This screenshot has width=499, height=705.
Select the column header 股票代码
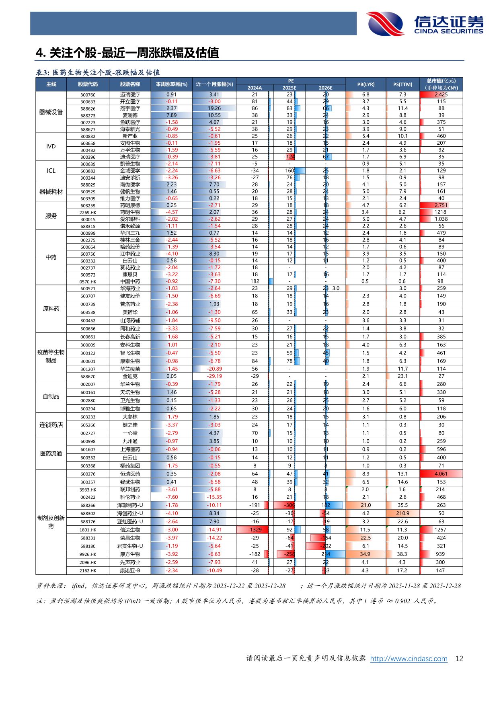[x=88, y=84]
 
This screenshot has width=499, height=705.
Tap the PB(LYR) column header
[x=366, y=84]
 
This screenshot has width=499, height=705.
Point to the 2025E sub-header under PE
[x=289, y=88]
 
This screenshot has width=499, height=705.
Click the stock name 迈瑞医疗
[x=130, y=95]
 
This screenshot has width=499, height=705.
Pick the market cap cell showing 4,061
[x=441, y=474]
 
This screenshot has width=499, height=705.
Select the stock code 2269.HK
[x=88, y=212]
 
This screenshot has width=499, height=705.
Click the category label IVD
[x=51, y=146]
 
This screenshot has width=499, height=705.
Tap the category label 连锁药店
[x=51, y=425]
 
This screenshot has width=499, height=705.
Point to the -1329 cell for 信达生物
[x=255, y=530]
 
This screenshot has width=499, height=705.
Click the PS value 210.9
[x=402, y=513]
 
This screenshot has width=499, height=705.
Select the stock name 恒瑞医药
[x=130, y=474]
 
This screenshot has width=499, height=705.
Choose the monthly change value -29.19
[x=214, y=376]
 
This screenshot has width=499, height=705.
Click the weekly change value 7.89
[x=171, y=115]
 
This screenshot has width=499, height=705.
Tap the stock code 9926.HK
[x=88, y=554]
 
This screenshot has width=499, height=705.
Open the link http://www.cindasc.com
[x=409, y=658]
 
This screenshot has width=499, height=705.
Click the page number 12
[x=459, y=658]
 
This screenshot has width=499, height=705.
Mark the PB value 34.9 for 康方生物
[x=365, y=554]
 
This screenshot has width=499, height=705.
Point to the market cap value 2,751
[x=441, y=205]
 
